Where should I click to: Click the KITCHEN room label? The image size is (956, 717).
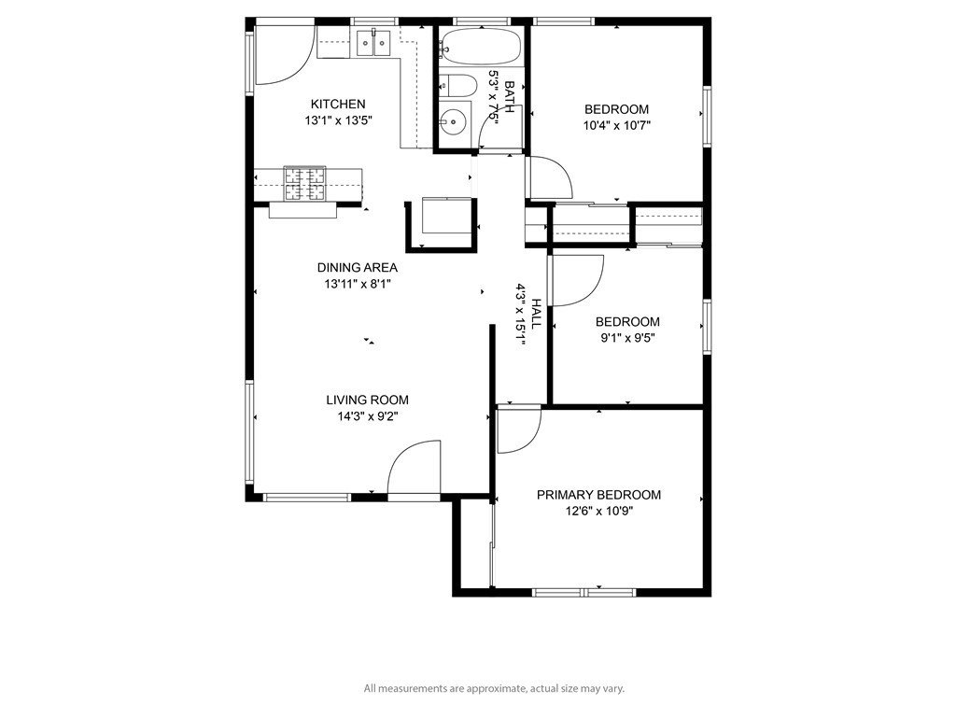coord(338,105)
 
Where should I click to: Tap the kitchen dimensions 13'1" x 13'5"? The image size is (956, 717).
coord(338,120)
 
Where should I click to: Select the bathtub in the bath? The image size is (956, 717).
coord(481,46)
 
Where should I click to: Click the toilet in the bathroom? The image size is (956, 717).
coord(457,85)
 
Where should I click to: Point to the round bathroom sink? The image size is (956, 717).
coord(453,122)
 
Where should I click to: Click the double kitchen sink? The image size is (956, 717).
coord(373,43)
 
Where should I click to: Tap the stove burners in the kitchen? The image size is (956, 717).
coord(304,184)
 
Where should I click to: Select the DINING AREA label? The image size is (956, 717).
coord(358,268)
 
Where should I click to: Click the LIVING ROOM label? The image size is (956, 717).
coord(367,400)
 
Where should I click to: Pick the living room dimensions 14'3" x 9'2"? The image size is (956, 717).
coord(367,416)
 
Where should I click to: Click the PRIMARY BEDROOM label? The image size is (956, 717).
coord(598,495)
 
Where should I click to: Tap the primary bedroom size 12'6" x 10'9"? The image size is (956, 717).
coord(599,511)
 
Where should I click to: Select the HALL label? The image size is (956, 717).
coord(536,314)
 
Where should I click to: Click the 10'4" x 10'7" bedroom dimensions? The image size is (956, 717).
coord(617,126)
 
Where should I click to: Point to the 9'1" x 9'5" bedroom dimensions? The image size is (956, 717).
coord(627,338)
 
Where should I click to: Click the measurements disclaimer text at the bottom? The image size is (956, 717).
coord(494,688)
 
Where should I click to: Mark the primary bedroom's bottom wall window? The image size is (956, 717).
coord(584,593)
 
